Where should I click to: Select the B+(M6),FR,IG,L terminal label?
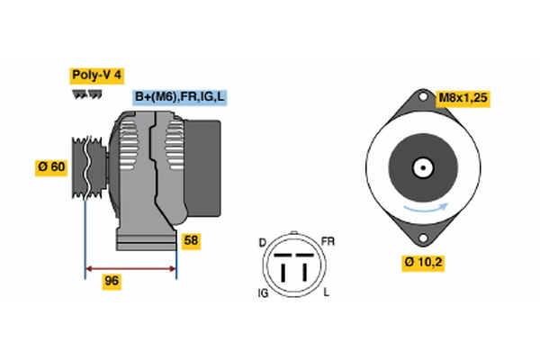[180, 97]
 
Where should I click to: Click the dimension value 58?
[190, 240]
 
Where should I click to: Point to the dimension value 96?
[112, 282]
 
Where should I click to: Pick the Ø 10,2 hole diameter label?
[423, 263]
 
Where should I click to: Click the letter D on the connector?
[262, 243]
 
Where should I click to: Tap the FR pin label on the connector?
[328, 243]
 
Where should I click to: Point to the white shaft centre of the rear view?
[422, 167]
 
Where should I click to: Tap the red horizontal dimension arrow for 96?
[130, 267]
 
